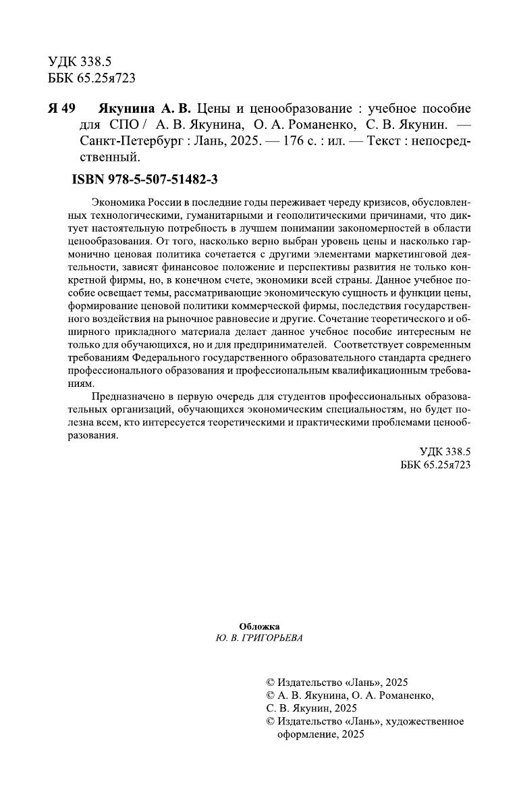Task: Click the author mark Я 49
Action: [x=62, y=109]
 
